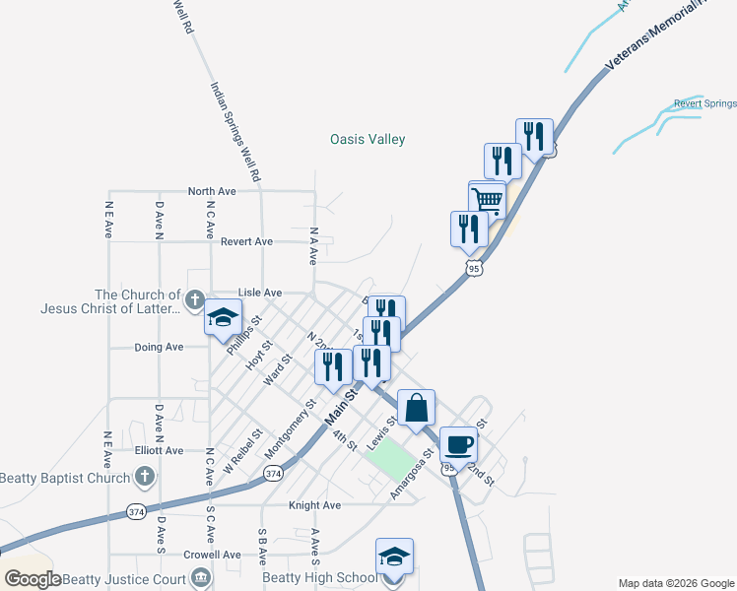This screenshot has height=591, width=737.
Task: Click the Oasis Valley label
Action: (367, 140)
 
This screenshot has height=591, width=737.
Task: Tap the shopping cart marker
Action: (487, 200)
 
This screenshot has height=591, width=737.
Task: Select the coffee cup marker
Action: (457, 445)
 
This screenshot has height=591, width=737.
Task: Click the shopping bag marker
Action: (417, 408)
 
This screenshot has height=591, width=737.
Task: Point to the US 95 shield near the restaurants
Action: (474, 268)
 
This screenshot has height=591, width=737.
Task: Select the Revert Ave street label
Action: (246, 241)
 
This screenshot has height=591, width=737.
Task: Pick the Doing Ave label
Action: (160, 348)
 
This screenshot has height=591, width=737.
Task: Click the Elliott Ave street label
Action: (160, 450)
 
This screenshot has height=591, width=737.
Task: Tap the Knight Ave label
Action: (314, 505)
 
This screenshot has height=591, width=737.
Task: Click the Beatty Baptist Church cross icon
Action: (145, 479)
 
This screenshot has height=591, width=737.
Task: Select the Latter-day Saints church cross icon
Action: (195, 300)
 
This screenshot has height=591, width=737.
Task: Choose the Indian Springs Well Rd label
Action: (234, 130)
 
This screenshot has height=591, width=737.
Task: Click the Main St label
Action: (340, 406)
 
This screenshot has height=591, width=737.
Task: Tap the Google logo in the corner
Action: (33, 579)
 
